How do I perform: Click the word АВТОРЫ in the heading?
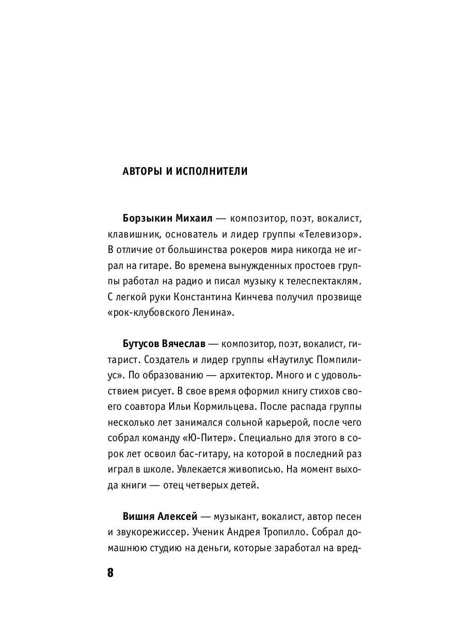click(x=140, y=171)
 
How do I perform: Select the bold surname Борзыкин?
click(x=147, y=219)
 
